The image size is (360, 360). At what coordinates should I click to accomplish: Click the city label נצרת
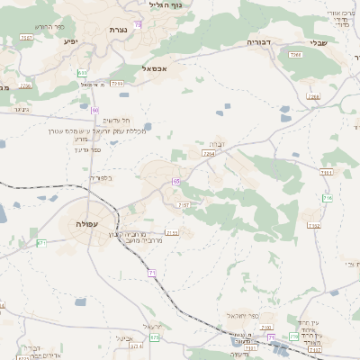click(x=118, y=30)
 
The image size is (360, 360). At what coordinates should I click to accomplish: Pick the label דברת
click(x=216, y=143)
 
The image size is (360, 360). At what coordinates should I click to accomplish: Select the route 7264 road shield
click(x=208, y=154)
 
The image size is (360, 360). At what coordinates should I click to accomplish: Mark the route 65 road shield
click(x=177, y=181)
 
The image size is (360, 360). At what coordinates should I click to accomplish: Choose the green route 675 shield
click(x=155, y=337)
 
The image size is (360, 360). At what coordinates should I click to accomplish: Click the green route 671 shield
click(x=41, y=243)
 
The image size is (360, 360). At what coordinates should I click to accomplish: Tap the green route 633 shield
click(x=83, y=72)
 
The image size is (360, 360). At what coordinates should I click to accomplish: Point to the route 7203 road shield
click(x=117, y=84)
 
